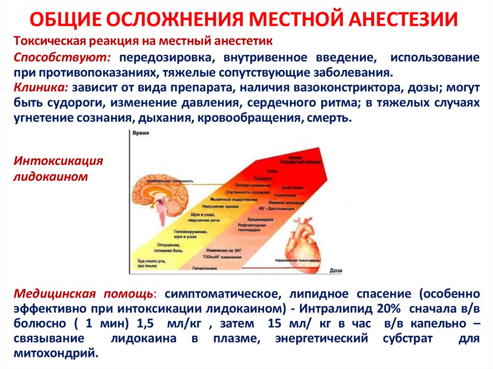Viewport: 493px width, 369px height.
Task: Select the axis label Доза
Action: [336, 271]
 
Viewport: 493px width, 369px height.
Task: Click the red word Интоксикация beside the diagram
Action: [58, 160]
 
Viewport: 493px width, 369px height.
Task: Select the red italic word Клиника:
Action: [41, 89]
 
